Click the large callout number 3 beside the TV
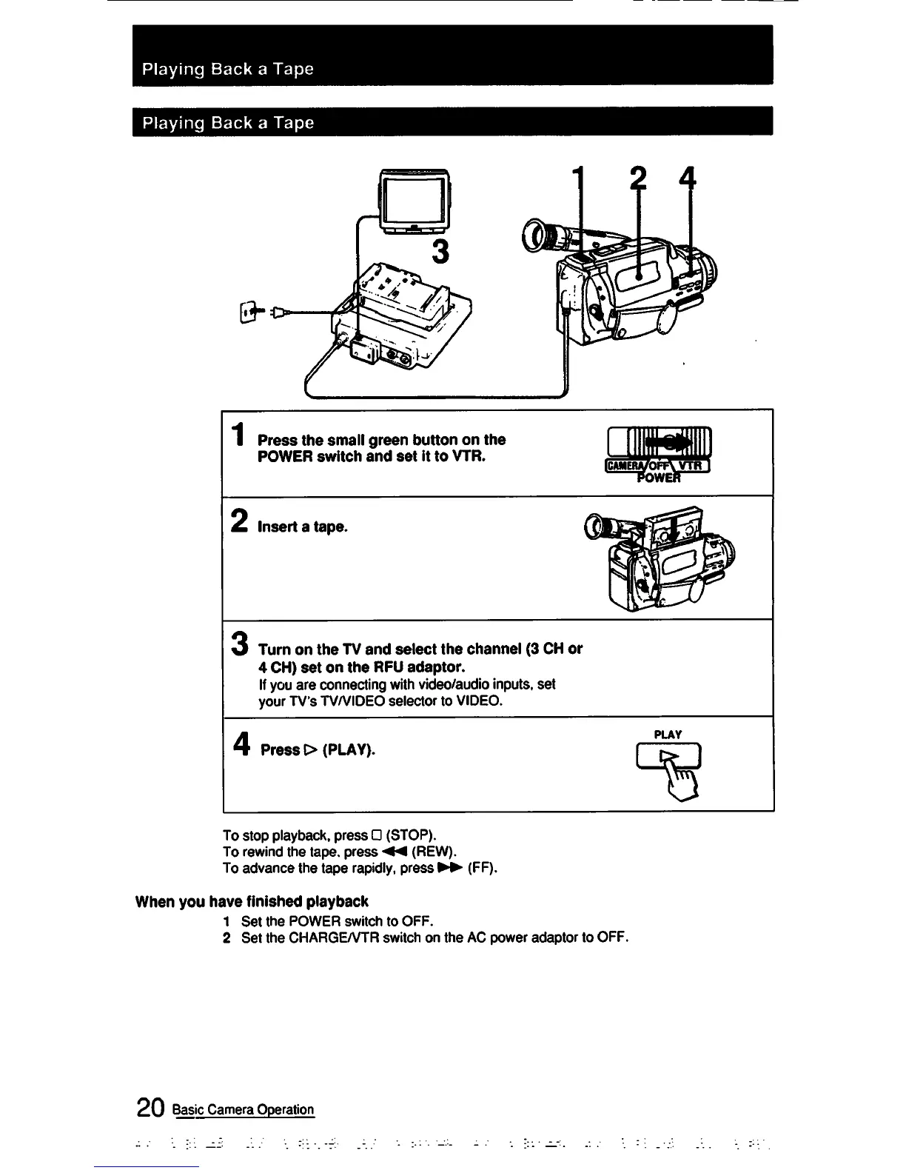tap(440, 252)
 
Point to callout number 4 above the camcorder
tap(689, 180)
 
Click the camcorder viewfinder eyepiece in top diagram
tap(534, 235)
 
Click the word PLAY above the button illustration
tap(668, 735)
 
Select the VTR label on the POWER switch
tap(691, 466)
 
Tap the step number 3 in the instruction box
tap(238, 641)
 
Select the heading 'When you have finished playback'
tap(252, 901)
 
